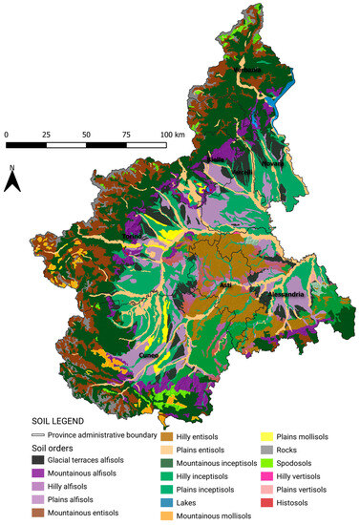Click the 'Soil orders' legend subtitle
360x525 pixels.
coord(33,447)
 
